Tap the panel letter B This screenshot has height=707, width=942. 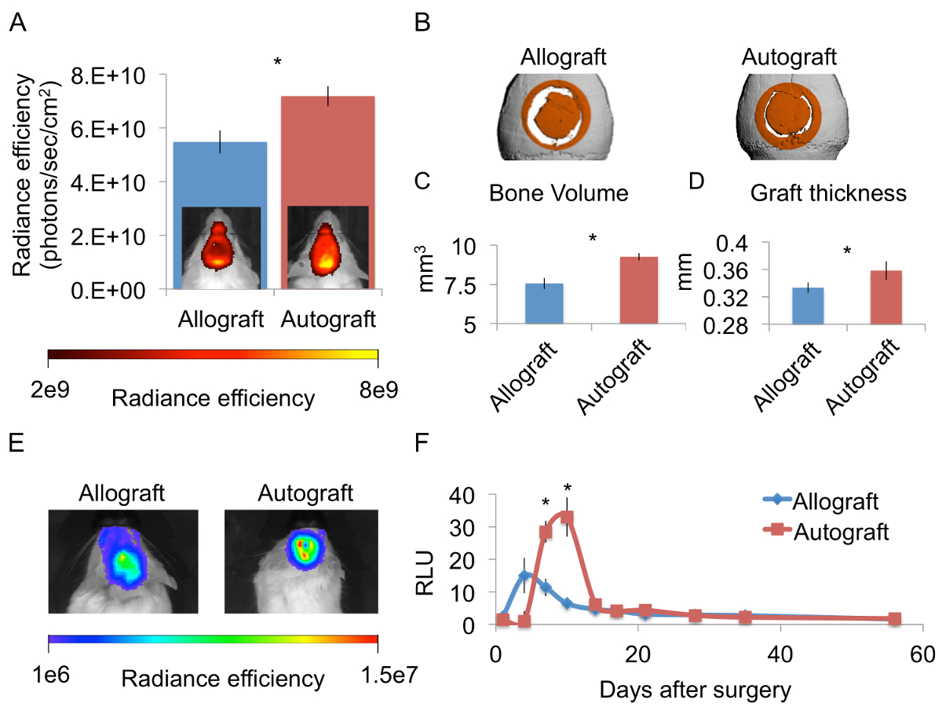[x=422, y=24]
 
